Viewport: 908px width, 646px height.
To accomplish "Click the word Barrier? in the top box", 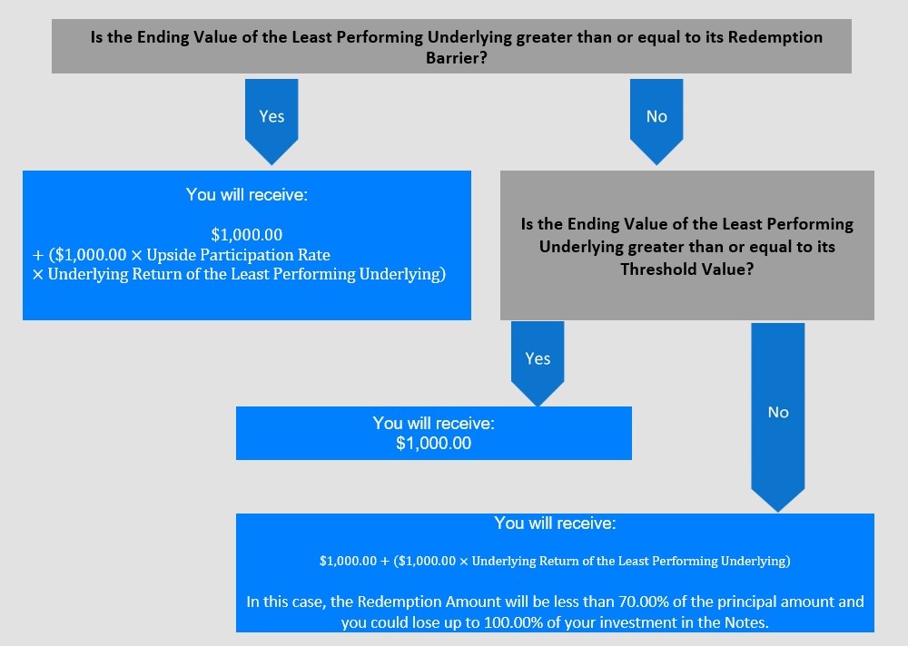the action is point(457,58).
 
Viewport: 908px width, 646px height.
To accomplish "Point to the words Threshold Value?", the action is point(686,269).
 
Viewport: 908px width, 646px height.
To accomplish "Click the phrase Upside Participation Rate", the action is point(238,255).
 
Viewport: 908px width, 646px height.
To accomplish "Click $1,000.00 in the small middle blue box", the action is point(434,444).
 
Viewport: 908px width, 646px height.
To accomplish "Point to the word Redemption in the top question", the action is point(775,37).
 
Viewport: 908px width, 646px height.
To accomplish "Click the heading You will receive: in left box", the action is point(247,194).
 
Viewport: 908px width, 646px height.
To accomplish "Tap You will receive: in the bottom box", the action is point(555,524).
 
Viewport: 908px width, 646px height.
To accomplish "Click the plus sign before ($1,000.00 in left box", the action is point(38,255).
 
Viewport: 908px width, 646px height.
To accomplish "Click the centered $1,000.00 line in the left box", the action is point(247,234).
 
